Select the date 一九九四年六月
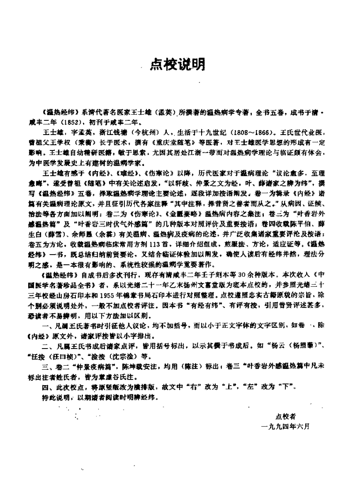click(285, 427)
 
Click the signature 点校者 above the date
click(285, 416)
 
